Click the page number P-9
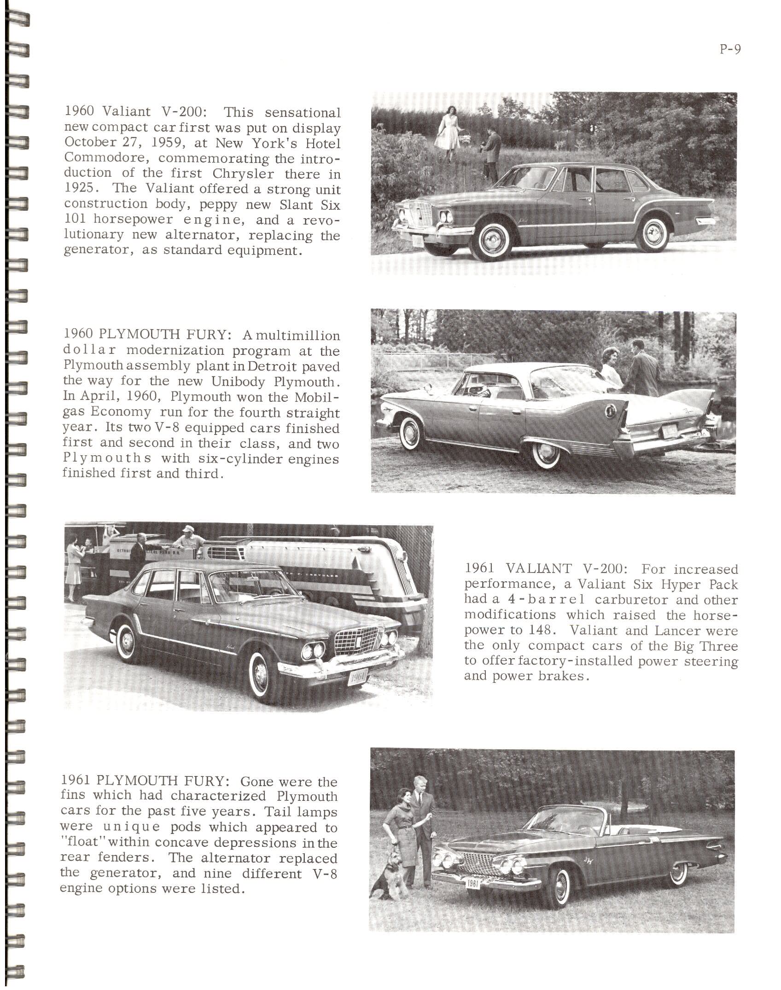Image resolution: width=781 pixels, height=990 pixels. (x=730, y=50)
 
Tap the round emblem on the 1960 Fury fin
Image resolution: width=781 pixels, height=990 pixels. (x=609, y=409)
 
